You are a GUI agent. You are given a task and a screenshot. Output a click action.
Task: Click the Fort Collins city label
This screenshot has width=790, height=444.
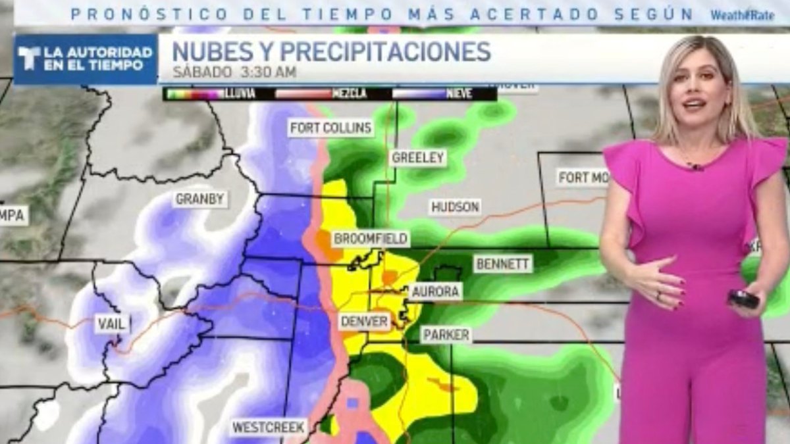pyautogui.click(x=330, y=128)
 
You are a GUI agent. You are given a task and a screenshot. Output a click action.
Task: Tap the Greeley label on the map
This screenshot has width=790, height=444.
pyautogui.click(x=418, y=158)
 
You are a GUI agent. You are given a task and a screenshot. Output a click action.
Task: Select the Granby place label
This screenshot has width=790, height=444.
pyautogui.click(x=200, y=199)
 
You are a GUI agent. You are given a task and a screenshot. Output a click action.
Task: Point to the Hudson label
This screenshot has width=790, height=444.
pyautogui.click(x=455, y=207)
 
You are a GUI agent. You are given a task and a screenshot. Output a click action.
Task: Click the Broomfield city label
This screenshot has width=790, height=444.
pyautogui.click(x=371, y=239)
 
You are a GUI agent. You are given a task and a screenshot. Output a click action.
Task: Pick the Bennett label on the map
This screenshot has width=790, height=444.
pyautogui.click(x=503, y=264)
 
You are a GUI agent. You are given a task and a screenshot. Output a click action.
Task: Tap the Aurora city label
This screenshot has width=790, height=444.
pyautogui.click(x=436, y=291)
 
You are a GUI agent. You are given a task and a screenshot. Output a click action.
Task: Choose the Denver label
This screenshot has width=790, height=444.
pyautogui.click(x=364, y=322)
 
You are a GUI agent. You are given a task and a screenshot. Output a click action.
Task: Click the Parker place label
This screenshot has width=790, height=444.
pyautogui.click(x=446, y=335)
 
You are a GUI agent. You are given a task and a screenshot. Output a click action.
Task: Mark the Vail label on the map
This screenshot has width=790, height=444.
pyautogui.click(x=110, y=324)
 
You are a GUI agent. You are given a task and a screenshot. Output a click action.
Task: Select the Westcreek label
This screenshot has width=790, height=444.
pyautogui.click(x=269, y=428)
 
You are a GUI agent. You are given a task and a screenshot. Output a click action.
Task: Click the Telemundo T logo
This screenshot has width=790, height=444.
pyautogui.click(x=29, y=59)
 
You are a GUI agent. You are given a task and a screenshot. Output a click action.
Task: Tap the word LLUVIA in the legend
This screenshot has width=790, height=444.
pyautogui.click(x=242, y=94)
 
